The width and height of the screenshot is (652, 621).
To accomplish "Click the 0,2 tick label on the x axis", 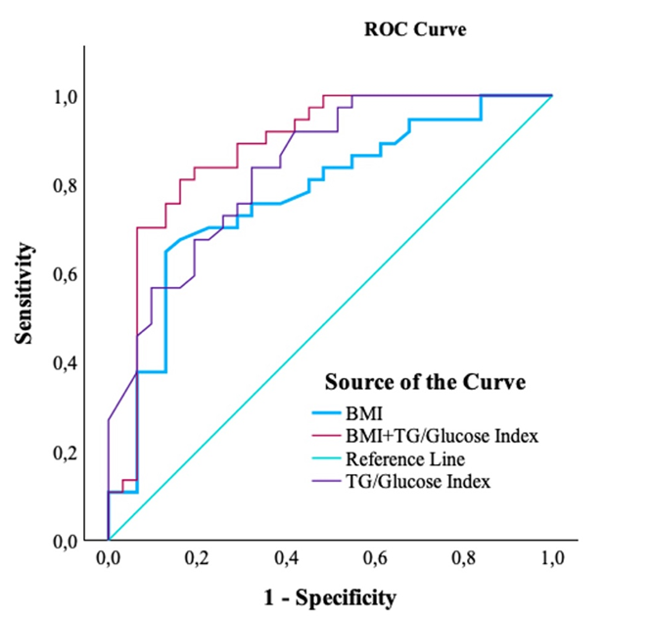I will coord(197,559).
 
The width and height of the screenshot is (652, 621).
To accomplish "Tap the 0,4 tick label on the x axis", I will coord(286,559).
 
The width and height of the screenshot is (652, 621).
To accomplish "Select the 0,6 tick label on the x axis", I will coord(375,559).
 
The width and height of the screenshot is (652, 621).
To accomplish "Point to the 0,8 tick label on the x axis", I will coord(463,559).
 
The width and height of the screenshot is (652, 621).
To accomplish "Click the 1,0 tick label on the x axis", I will coord(552,559).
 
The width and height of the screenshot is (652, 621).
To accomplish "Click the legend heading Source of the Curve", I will coord(425,381).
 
